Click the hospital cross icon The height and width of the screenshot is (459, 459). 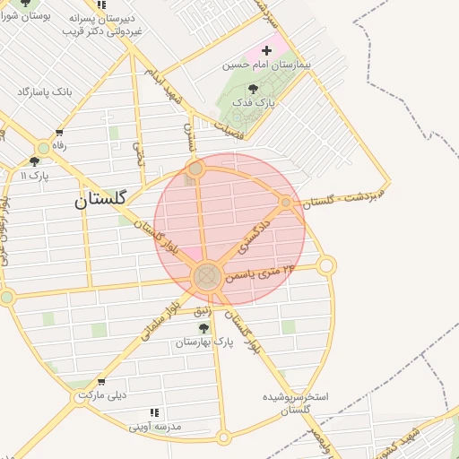[266, 50]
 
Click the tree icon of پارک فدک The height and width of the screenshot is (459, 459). [253, 89]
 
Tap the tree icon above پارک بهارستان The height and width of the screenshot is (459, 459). [204, 328]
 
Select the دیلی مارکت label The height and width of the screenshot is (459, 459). [102, 394]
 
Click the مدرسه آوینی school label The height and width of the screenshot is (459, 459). [155, 427]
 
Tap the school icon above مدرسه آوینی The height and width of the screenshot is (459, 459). [155, 412]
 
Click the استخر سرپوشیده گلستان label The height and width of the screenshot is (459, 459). [296, 403]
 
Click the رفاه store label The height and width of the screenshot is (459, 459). [59, 145]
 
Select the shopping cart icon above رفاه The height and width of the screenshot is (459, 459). [59, 133]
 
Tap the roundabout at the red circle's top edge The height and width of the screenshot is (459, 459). [195, 169]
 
